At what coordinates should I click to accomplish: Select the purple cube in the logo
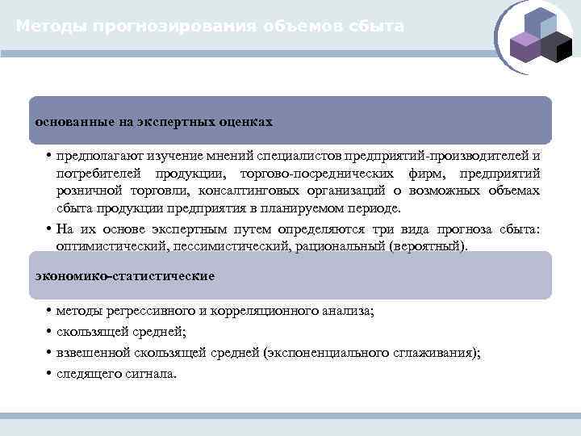[x=526, y=48]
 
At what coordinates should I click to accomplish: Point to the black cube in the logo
[x=556, y=48]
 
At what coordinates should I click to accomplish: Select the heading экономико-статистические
[x=125, y=276]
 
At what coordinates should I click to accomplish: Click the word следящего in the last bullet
[x=88, y=373]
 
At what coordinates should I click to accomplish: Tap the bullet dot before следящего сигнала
[x=49, y=373]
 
